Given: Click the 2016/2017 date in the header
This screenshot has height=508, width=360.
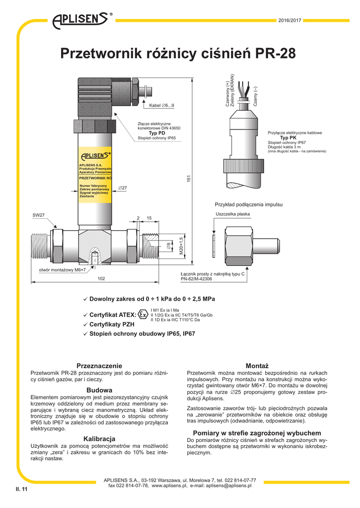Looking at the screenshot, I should [290, 20].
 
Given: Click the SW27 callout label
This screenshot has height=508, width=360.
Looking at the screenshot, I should [39, 215].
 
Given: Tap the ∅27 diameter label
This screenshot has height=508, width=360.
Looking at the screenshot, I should [123, 188].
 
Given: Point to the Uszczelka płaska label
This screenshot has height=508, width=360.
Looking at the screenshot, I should [233, 214].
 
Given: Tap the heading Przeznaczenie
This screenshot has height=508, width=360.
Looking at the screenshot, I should [99, 366].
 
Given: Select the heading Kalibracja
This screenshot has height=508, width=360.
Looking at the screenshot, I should [99, 439].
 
